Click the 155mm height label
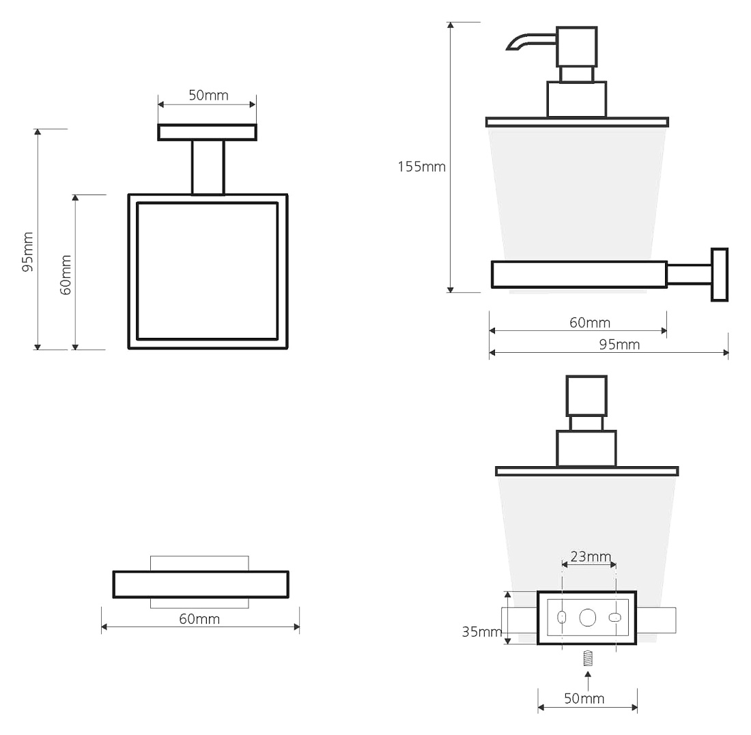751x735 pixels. (421, 167)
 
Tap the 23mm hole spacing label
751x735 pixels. (591, 556)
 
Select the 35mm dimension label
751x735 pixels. (482, 631)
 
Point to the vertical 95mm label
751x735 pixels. (28, 252)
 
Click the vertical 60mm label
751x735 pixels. (66, 275)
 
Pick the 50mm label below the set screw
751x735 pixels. (584, 698)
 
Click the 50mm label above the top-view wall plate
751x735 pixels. (208, 95)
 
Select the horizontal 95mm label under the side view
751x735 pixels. (619, 344)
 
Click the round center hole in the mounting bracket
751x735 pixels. (588, 618)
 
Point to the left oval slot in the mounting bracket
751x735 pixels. (562, 617)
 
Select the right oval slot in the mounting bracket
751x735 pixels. (615, 618)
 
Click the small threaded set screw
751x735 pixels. (588, 659)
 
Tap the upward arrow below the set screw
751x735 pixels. (588, 681)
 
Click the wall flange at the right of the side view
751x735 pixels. (720, 275)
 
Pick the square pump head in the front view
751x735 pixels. (586, 396)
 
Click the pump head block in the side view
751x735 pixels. (577, 46)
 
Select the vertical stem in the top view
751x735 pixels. (208, 167)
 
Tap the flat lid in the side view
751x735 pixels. (577, 122)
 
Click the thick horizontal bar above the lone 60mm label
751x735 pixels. (201, 584)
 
